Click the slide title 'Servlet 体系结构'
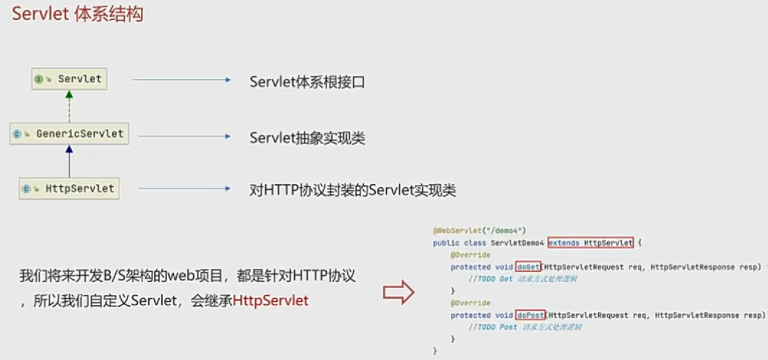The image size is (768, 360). pyautogui.click(x=77, y=14)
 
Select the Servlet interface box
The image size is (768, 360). pyautogui.click(x=69, y=79)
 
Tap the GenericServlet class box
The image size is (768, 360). pyautogui.click(x=70, y=134)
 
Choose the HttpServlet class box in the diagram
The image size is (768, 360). pyautogui.click(x=69, y=189)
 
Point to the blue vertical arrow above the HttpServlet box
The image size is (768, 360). pyautogui.click(x=69, y=161)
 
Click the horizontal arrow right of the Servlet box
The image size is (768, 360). pyautogui.click(x=182, y=80)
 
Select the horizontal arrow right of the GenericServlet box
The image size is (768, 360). pyautogui.click(x=184, y=136)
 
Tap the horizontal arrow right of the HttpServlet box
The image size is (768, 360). pyautogui.click(x=184, y=189)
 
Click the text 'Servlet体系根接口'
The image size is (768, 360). pyautogui.click(x=307, y=82)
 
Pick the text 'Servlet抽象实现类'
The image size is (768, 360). pyautogui.click(x=307, y=138)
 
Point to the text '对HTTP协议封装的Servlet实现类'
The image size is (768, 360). pyautogui.click(x=353, y=191)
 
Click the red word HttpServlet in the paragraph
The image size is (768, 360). pyautogui.click(x=270, y=301)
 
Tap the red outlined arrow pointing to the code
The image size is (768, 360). pyautogui.click(x=398, y=292)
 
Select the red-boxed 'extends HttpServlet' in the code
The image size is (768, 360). pyautogui.click(x=590, y=243)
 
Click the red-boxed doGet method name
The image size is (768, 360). pyautogui.click(x=528, y=267)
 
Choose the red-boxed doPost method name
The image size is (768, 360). pyautogui.click(x=530, y=315)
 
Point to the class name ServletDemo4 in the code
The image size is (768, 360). pyautogui.click(x=517, y=243)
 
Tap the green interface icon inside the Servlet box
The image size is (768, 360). pyautogui.click(x=39, y=79)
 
